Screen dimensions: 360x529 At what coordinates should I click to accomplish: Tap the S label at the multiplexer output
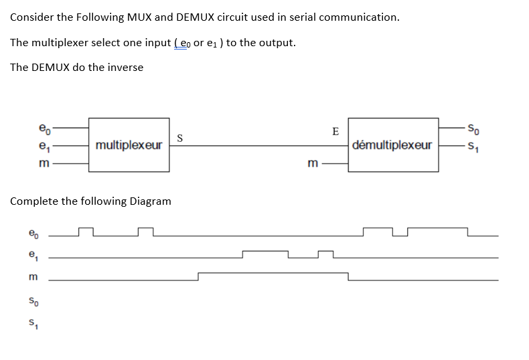[179, 138]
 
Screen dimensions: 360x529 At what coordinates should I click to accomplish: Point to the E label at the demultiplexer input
[335, 130]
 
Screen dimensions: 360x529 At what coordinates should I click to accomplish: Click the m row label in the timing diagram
[32, 277]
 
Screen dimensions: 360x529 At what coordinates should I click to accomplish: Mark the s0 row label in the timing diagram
[32, 301]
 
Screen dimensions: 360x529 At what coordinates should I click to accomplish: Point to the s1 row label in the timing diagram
[32, 326]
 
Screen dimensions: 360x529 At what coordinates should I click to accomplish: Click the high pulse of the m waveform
[273, 273]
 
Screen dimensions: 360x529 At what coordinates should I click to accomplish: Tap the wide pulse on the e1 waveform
[265, 252]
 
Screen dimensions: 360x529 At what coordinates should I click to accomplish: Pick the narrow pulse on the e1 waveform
[325, 252]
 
